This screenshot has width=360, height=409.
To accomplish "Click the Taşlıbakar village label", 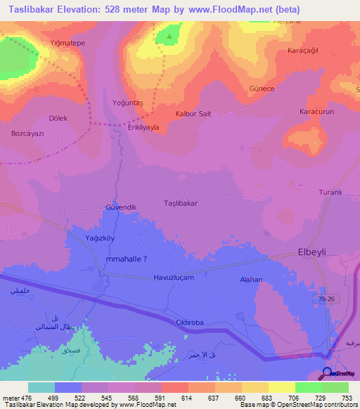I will coord(181,202).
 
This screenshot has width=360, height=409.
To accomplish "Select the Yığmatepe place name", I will coord(67,43).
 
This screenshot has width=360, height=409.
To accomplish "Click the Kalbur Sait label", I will coord(193,113).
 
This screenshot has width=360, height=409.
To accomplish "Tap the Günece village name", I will coord(281,89).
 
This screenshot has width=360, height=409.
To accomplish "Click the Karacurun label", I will coord(316,112).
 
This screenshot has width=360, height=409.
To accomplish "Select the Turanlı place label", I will coord(330,193).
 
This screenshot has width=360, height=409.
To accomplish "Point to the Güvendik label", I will coord(120,207).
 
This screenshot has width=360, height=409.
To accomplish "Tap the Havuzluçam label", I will coord(174,278).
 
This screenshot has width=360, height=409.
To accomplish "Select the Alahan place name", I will coord(251,279).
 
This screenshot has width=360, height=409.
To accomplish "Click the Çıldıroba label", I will coord(189,321).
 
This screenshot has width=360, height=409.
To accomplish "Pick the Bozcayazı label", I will coord(28,134).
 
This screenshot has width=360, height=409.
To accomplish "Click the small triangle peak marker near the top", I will coord(168,37).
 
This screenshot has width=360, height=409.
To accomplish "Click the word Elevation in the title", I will coord(84,10).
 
